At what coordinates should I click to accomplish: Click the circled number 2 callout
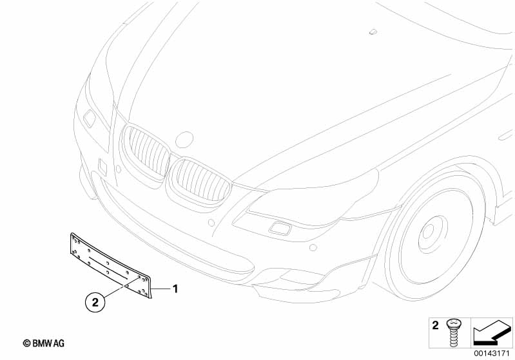[95, 301]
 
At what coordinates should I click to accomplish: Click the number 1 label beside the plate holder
[175, 289]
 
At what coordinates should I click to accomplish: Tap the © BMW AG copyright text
[44, 343]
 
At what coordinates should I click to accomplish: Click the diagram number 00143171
[492, 354]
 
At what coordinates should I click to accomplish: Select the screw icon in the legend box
[454, 332]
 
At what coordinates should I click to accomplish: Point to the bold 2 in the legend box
[435, 325]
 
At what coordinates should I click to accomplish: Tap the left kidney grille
[146, 153]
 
